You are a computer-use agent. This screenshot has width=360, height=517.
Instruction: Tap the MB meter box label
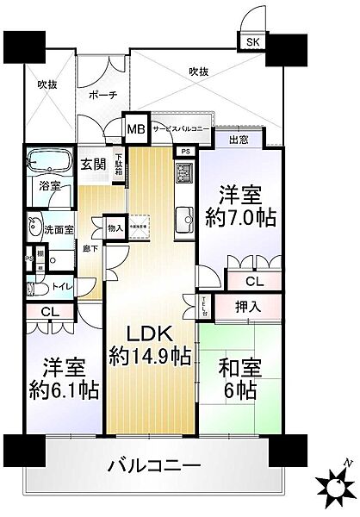click(x=136, y=128)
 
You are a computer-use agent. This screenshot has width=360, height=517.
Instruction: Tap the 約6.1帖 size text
click(x=61, y=389)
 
